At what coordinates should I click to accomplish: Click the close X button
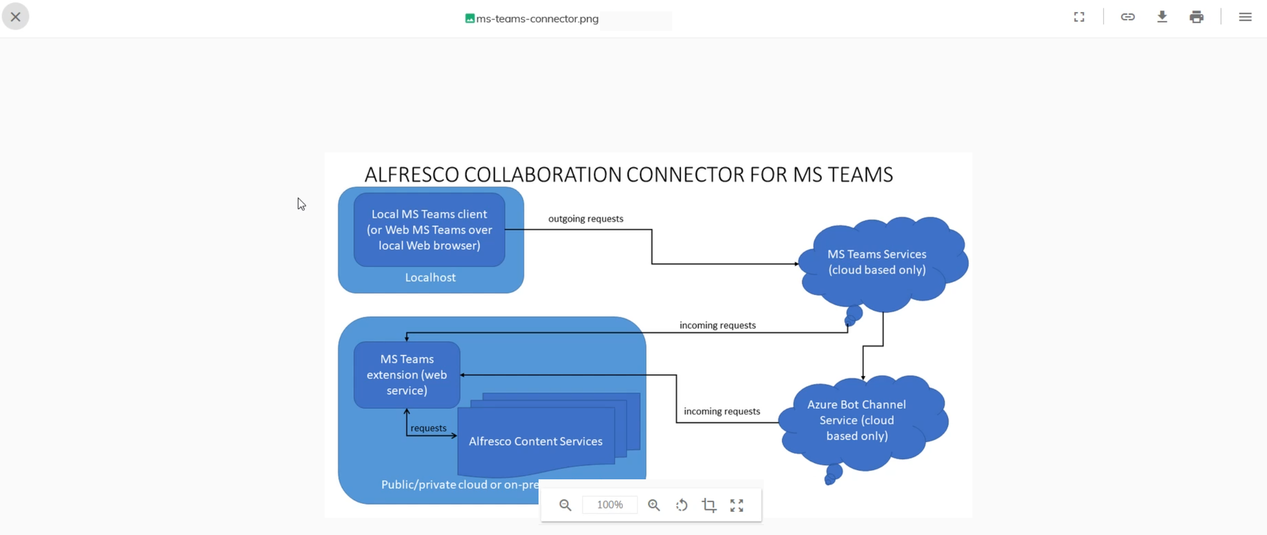[16, 17]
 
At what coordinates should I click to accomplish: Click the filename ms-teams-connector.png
[537, 19]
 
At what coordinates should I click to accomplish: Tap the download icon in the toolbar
[1162, 17]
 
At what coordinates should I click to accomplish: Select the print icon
[1196, 17]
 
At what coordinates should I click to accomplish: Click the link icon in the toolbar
[1128, 17]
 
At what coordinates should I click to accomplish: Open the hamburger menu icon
[1245, 17]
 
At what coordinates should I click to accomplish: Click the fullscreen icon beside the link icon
[1079, 17]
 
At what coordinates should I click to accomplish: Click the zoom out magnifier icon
[565, 505]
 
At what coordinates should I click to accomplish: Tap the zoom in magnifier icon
[654, 505]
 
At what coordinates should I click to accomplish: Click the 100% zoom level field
[610, 505]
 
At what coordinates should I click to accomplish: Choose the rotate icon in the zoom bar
[682, 505]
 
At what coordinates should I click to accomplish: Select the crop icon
[709, 505]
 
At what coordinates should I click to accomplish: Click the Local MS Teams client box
[429, 230]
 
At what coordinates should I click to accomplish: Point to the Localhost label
[430, 277]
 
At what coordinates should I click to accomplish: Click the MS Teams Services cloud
[877, 262]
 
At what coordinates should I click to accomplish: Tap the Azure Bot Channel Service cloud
[856, 420]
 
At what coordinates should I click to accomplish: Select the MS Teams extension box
[407, 375]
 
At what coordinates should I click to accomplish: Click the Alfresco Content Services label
[535, 441]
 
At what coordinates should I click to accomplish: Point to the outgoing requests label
[585, 219]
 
